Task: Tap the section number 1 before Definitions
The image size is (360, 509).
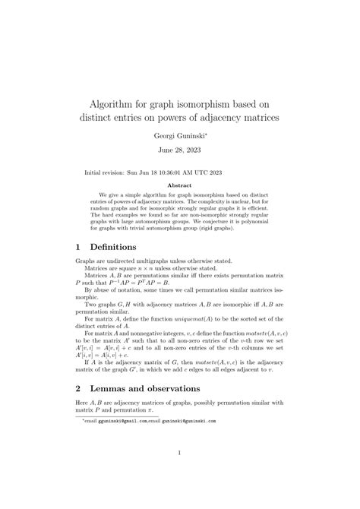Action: [79, 247]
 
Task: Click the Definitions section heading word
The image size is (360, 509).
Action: [114, 247]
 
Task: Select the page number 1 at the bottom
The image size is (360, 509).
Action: [179, 454]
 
